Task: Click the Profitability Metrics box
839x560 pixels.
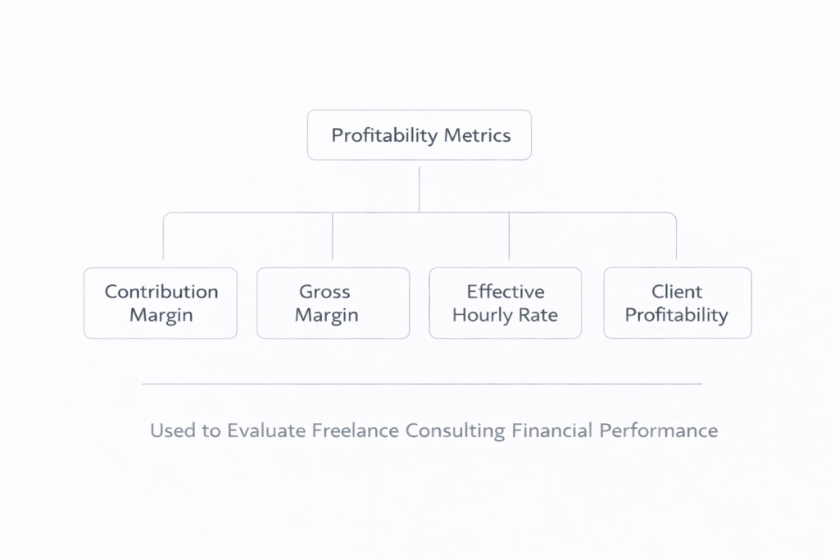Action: [x=419, y=135]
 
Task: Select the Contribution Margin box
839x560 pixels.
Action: [x=161, y=303]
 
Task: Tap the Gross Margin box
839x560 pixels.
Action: [x=333, y=303]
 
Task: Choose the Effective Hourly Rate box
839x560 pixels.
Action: [x=506, y=303]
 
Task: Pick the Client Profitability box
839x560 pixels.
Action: [x=677, y=303]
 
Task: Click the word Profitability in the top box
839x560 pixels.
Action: [x=383, y=135]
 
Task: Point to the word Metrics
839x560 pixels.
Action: [x=477, y=135]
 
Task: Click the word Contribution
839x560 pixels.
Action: [x=161, y=291]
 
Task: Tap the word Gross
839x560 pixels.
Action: [x=324, y=291]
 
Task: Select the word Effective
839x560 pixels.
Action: [x=506, y=291]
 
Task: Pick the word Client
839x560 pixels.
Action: [x=677, y=291]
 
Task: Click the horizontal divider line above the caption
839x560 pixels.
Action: [x=422, y=383]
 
